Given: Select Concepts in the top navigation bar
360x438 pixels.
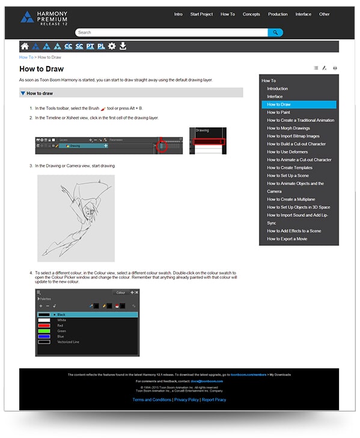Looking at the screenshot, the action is click(x=251, y=14).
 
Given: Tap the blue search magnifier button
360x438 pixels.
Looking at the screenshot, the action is click(x=275, y=32).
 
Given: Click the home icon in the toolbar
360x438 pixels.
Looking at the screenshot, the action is click(x=25, y=46).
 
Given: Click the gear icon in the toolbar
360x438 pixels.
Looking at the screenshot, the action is click(x=111, y=46).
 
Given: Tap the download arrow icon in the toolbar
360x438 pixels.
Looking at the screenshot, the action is click(x=123, y=46).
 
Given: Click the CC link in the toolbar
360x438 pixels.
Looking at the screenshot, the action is click(x=68, y=46).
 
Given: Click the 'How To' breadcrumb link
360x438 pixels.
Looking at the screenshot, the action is click(x=26, y=57).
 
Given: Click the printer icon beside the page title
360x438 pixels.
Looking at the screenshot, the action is click(x=335, y=68).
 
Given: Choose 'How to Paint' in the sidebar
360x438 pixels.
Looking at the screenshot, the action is click(x=278, y=112).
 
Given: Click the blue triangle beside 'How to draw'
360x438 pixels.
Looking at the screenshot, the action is click(x=23, y=93).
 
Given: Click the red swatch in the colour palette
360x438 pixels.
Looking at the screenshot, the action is click(x=44, y=325).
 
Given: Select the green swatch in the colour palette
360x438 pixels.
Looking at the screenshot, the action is click(x=44, y=330).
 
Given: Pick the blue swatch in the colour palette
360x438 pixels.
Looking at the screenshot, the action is click(x=44, y=336).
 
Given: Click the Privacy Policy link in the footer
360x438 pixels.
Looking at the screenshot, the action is click(x=186, y=400).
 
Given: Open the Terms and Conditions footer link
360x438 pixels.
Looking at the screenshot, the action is click(x=151, y=400).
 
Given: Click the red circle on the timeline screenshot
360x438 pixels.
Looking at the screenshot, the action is click(x=161, y=145).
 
